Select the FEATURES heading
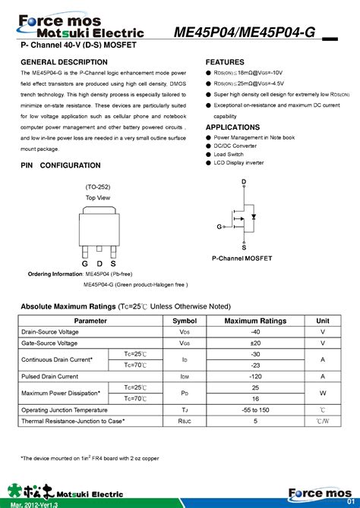pos(225,61)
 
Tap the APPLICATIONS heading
pos(232,127)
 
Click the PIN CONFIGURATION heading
pos(60,165)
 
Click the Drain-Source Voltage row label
pos(49,332)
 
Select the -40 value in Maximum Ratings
pos(255,332)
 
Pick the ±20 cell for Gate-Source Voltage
pos(255,343)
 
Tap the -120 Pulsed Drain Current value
pos(255,377)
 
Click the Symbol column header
pos(184,321)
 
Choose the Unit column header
pos(323,321)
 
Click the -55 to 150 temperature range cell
pos(255,410)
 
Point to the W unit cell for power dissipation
pos(323,394)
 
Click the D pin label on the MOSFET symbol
pos(244,182)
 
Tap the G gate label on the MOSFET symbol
pos(219,227)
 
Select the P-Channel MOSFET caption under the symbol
pos(242,259)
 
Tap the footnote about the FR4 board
pos(90,458)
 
